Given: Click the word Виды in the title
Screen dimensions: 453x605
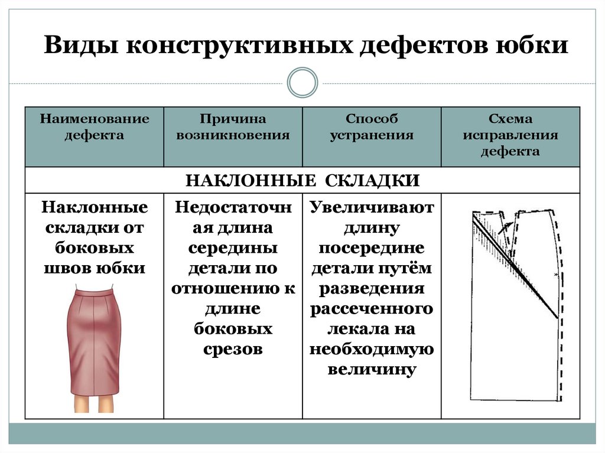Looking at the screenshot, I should [79, 45].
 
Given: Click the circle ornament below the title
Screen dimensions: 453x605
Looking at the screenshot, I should [302, 82].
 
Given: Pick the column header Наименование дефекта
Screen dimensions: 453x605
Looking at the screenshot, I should [95, 127].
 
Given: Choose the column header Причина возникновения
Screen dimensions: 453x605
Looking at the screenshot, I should [233, 127].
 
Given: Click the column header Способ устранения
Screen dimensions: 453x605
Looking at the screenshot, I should [371, 127].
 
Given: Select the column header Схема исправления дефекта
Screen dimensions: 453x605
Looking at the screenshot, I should [510, 135].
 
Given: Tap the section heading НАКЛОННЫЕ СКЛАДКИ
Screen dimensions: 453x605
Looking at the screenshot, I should [302, 180].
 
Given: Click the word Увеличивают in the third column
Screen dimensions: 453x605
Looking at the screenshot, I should [372, 207].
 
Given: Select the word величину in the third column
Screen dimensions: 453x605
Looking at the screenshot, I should [372, 370].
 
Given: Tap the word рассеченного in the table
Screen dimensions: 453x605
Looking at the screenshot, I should [372, 309].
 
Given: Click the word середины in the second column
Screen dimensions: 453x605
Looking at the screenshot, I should [233, 247].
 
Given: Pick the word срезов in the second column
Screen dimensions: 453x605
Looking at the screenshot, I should [233, 349].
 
